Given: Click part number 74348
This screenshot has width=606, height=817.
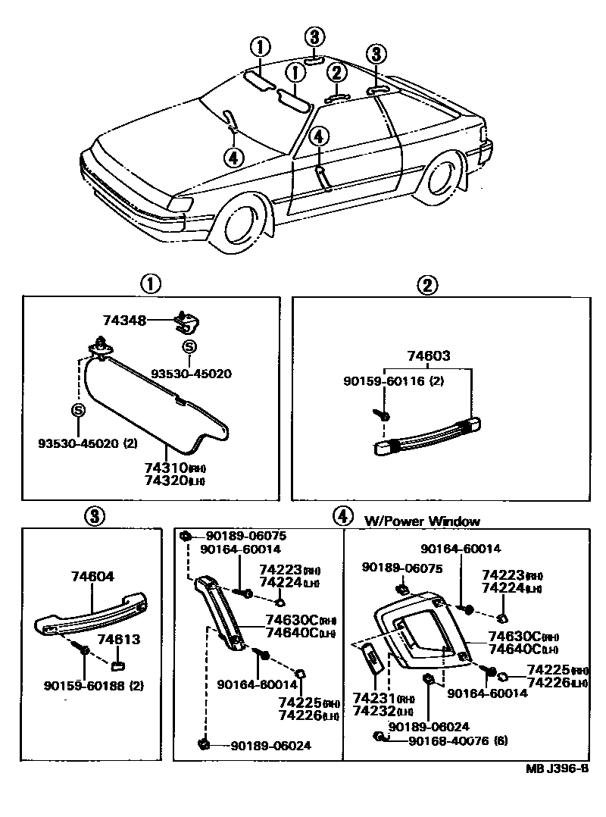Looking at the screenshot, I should click(124, 321).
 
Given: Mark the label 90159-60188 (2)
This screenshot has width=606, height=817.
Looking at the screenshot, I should click(94, 687).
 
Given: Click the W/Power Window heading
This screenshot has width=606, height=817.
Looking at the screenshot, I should click(422, 521).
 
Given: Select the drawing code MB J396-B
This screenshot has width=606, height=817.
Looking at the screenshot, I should click(557, 768).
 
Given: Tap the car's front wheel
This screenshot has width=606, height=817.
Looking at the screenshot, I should click(241, 225).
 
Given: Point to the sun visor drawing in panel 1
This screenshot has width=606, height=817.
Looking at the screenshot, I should click(151, 398).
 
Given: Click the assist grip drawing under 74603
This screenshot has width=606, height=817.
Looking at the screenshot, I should click(428, 440).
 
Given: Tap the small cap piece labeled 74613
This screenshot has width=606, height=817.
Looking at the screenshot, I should click(118, 665).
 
